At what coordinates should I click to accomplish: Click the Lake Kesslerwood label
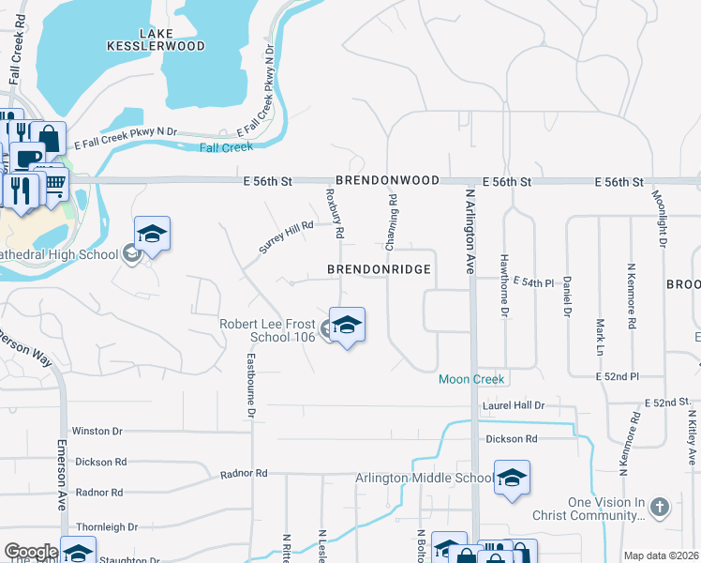170,39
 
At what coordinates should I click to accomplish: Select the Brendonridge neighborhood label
379,269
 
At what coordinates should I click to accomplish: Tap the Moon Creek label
472,379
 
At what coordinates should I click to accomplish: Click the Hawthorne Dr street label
503,285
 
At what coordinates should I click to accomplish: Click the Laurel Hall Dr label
514,405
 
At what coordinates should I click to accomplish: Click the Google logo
31,552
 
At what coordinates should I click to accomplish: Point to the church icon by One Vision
659,508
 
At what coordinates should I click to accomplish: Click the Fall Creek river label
226,146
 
